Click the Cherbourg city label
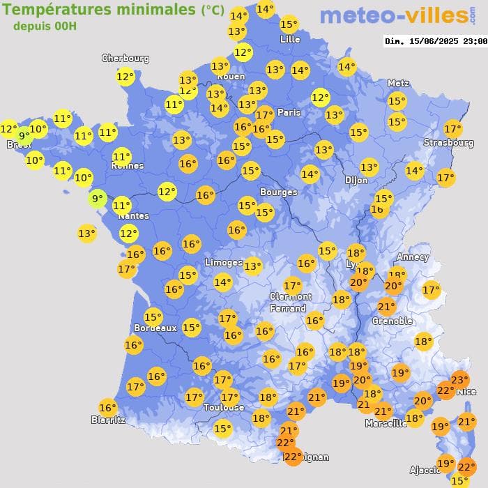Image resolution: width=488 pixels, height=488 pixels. [x=125, y=59]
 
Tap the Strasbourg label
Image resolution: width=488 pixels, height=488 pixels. [x=448, y=143]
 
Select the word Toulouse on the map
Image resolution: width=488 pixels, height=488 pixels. [x=224, y=407]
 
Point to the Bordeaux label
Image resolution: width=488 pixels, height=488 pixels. [x=155, y=328]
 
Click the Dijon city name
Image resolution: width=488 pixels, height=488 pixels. [x=356, y=180]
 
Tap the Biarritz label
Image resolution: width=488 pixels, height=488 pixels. [x=108, y=420]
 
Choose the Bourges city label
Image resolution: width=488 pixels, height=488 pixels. [x=278, y=192]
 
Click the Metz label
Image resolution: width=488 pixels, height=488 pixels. [x=397, y=83]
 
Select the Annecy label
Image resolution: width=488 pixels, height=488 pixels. [x=412, y=257]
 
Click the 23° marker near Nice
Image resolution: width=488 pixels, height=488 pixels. [x=459, y=380]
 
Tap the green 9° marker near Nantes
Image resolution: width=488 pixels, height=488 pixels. [x=97, y=199]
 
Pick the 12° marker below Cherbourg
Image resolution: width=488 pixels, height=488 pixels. [x=125, y=77]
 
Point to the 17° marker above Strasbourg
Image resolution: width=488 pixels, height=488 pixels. [x=453, y=128]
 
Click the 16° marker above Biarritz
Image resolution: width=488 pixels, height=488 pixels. [x=107, y=408]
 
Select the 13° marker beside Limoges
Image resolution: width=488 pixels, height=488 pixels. [x=252, y=265]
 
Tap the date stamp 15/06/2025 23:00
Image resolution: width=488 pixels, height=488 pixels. [x=436, y=41]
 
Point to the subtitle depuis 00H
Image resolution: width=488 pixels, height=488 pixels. [x=45, y=26]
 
